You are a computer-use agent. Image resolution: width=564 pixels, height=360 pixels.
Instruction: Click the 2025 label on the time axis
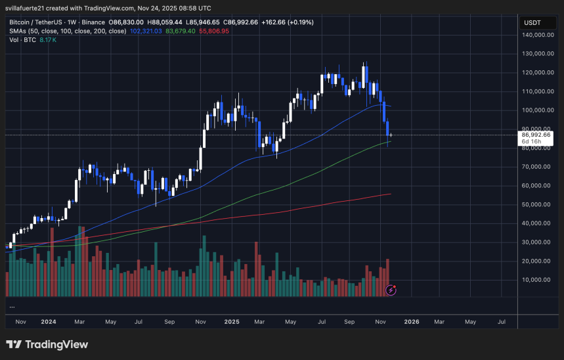coord(230,322)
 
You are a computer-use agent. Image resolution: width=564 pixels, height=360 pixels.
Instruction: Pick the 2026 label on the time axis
coord(412,322)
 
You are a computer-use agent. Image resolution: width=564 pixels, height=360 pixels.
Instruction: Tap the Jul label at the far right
coord(502,322)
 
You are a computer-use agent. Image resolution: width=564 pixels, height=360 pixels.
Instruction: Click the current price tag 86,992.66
coord(536,134)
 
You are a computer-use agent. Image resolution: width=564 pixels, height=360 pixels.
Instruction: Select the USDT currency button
coord(531,22)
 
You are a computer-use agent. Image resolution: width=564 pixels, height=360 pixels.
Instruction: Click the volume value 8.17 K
coord(48,39)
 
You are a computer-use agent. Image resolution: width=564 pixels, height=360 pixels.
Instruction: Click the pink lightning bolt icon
coord(391,290)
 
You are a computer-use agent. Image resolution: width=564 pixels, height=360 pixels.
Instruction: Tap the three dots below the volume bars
coord(12,306)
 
